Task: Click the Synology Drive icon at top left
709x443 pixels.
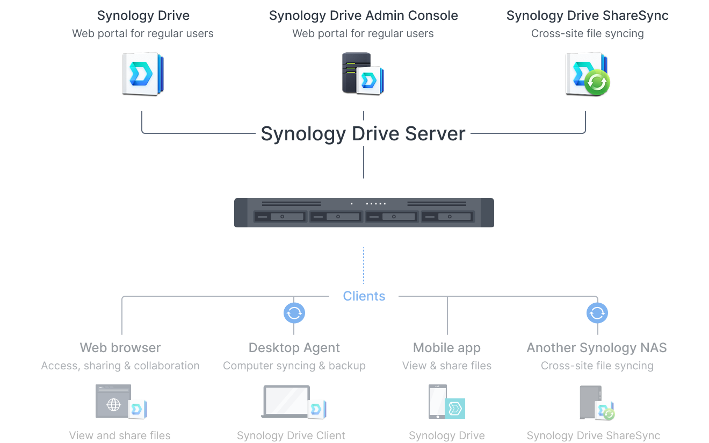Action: (x=143, y=74)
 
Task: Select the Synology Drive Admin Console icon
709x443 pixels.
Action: (x=363, y=74)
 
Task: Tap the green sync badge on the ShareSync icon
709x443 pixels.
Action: (x=597, y=82)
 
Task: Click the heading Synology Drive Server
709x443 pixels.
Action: (x=363, y=133)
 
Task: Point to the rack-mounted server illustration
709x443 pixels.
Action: (x=364, y=212)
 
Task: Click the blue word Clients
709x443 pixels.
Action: (x=364, y=296)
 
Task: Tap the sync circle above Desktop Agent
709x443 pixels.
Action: (x=294, y=313)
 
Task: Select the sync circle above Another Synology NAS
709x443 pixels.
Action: (x=597, y=313)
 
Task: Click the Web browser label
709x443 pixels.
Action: (x=120, y=348)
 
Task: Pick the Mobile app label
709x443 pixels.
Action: (x=447, y=348)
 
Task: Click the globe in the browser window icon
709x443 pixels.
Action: (x=114, y=404)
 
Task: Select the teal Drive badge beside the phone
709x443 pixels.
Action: (x=455, y=409)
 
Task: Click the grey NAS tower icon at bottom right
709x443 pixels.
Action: (x=591, y=402)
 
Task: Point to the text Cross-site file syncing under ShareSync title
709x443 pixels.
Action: (x=588, y=33)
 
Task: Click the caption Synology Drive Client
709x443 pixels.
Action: (x=291, y=435)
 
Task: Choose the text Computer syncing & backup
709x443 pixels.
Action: (x=294, y=366)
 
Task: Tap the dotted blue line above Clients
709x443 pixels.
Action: (x=363, y=266)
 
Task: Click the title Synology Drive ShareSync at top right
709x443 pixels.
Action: (x=588, y=16)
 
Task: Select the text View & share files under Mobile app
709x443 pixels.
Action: (x=447, y=366)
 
